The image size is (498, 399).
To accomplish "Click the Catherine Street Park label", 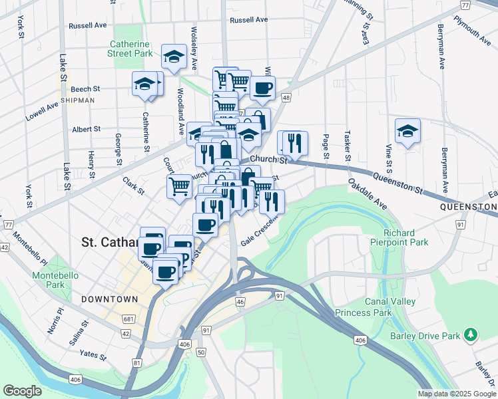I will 132,50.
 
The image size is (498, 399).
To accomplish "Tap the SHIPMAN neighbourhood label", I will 77,100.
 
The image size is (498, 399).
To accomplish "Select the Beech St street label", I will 85,88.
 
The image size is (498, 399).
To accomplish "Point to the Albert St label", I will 86,129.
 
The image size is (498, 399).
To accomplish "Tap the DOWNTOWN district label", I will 110,300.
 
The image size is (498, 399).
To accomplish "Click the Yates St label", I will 93,354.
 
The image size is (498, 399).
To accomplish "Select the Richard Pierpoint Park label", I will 405,238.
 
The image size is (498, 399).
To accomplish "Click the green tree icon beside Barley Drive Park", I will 471,332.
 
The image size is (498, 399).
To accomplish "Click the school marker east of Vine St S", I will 407,131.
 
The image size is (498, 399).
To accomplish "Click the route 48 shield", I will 286,98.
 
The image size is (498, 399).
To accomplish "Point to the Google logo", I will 22,391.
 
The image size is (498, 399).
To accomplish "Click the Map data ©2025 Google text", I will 456,394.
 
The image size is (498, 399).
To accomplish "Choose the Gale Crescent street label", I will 257,235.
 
